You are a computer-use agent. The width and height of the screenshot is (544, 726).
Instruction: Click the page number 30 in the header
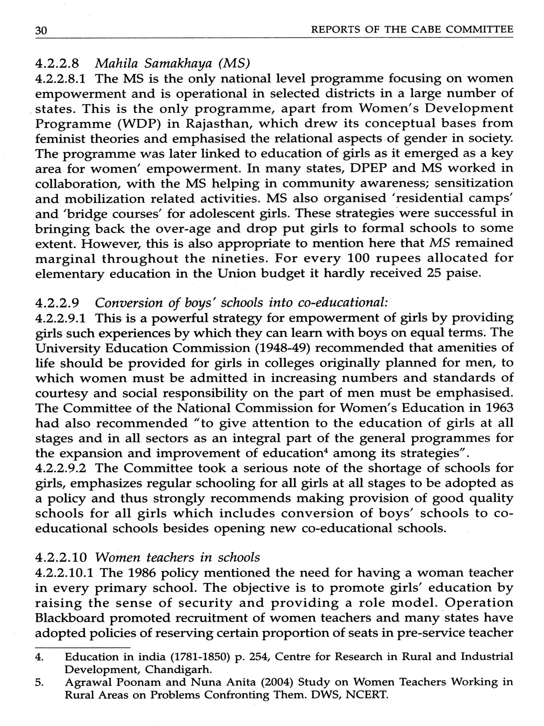point(41,31)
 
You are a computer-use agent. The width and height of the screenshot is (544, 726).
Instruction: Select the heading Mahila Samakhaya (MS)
point(172,64)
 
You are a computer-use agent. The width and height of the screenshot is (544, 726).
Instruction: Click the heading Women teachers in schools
point(178,557)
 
